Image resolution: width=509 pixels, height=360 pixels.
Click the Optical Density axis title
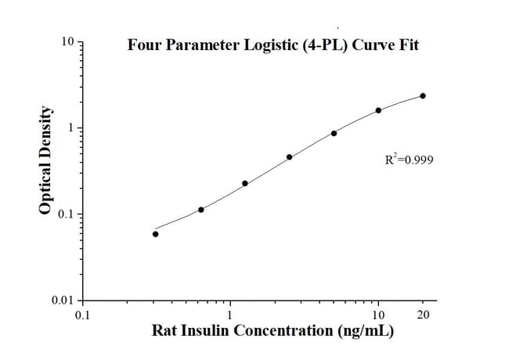46,161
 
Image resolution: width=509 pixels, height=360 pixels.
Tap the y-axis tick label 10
68,41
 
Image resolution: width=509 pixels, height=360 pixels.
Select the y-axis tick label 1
70,128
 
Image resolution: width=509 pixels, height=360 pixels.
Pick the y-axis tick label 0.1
66,214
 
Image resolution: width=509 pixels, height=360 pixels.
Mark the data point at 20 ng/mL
423,95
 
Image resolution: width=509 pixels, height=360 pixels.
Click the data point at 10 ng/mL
378,110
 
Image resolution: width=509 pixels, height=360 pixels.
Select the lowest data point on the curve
155,234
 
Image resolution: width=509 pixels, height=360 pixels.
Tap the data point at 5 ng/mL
334,133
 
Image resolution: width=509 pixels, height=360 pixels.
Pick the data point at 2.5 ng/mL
289,157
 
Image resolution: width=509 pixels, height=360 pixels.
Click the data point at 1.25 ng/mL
245,183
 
